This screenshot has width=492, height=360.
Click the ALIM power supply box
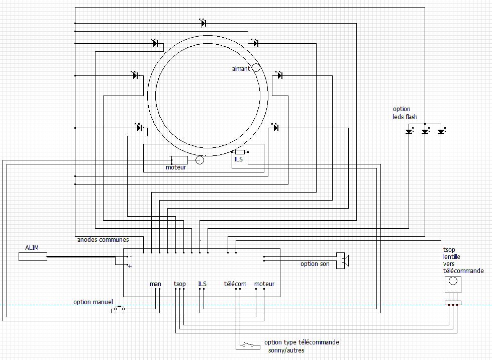tap(33, 257)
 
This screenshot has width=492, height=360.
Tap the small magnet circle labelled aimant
tap(256, 67)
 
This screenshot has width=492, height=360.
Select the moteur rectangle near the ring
tap(179, 160)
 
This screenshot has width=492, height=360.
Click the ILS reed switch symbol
tap(240, 152)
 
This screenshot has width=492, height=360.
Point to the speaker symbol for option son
tap(343, 261)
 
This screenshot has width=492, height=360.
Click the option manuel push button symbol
tap(119, 308)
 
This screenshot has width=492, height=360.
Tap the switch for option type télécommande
tap(248, 345)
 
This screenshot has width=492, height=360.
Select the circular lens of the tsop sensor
tap(453, 281)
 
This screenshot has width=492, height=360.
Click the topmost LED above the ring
tap(203, 23)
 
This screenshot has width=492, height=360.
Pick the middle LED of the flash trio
tap(425, 131)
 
